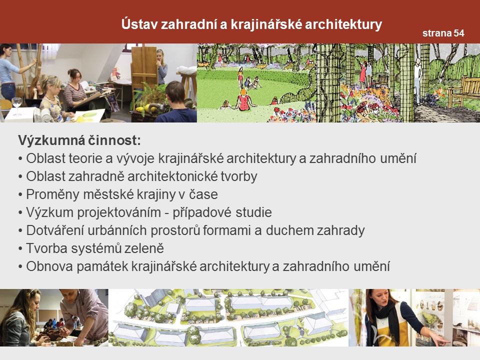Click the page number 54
(459, 33)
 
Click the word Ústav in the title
(139, 24)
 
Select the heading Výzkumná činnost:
(79, 140)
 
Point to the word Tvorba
(46, 248)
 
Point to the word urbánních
(117, 230)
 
